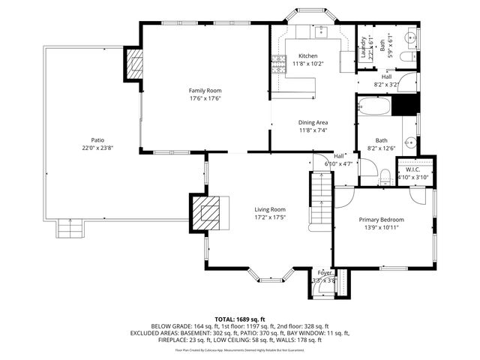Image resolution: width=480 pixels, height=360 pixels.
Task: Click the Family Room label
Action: (x=204, y=90)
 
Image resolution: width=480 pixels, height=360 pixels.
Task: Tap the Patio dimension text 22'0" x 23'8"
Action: (x=97, y=148)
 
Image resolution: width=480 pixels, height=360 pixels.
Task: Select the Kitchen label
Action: (x=308, y=56)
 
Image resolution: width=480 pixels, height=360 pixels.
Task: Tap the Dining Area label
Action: (x=313, y=122)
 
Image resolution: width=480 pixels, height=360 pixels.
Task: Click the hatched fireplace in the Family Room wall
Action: (x=133, y=64)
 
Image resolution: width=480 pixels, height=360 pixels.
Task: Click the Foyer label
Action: (x=324, y=272)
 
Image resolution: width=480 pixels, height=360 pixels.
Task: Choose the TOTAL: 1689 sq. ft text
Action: (x=239, y=319)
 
